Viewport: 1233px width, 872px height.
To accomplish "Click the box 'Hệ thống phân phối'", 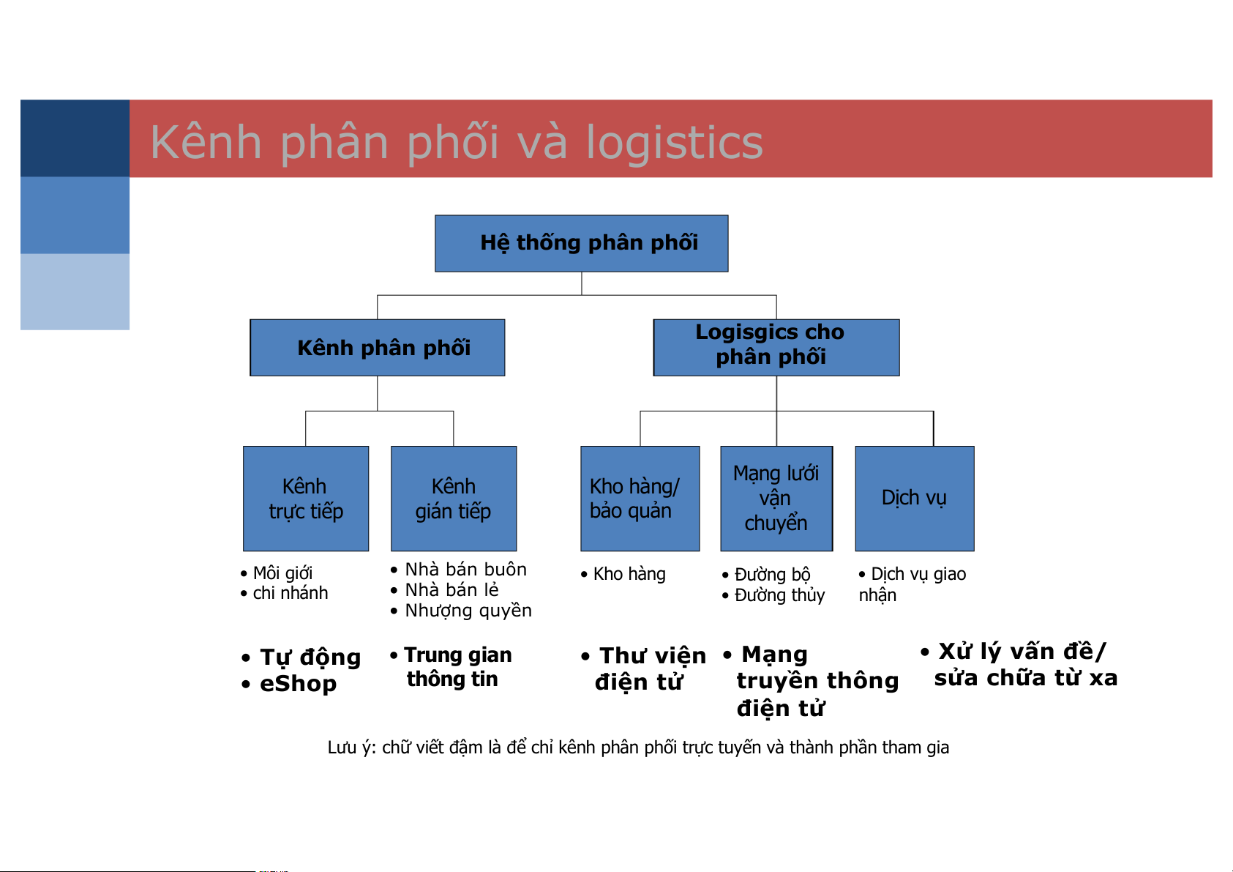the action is pos(581,243).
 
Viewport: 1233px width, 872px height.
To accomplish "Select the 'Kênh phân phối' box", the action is pos(377,348).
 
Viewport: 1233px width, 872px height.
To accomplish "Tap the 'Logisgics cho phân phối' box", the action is pos(776,348).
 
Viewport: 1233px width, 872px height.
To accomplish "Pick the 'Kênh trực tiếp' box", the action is pos(305,499).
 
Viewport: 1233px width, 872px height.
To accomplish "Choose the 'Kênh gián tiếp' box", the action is pos(454,499).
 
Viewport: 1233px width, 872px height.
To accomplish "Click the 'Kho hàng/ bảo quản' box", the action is pos(640,499).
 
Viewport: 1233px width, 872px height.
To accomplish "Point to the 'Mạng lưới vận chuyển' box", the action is pos(776,499).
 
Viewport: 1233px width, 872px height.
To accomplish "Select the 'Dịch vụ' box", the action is pos(914,499).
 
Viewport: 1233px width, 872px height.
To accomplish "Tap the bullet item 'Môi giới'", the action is pos(282,573).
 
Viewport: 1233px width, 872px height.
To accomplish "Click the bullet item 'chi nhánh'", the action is pos(290,593).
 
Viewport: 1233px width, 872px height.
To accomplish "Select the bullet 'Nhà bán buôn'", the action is pos(465,569).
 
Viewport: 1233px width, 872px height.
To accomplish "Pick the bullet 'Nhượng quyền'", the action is pos(468,611).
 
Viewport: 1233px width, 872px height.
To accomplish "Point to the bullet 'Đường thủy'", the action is pos(779,595).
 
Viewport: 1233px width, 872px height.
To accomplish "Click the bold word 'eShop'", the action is pos(298,684).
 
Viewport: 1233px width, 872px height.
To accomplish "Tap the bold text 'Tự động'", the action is pos(310,657).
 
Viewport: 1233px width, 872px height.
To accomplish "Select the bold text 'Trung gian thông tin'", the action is pos(458,667).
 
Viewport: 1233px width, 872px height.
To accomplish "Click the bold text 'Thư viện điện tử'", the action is pos(651,668).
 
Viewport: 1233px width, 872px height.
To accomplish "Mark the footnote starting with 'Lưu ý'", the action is pos(638,748).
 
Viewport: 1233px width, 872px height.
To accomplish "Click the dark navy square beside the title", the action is pos(75,138).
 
